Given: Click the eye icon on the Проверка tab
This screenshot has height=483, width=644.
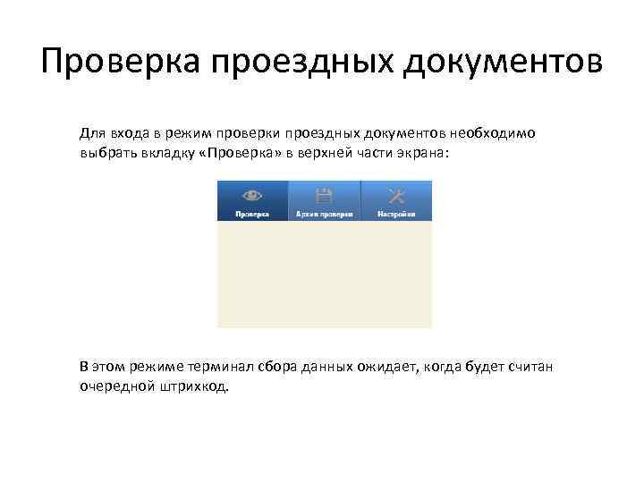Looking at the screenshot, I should pyautogui.click(x=252, y=194).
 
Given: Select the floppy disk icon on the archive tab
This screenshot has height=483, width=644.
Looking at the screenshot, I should pyautogui.click(x=324, y=194).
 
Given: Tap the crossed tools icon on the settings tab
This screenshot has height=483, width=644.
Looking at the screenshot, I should pyautogui.click(x=396, y=194).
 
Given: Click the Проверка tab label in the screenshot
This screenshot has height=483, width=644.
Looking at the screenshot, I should pyautogui.click(x=252, y=215).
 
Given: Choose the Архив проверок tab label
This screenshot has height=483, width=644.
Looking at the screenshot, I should pyautogui.click(x=324, y=215).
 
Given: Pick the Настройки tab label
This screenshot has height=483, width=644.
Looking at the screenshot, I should pyautogui.click(x=396, y=215).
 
